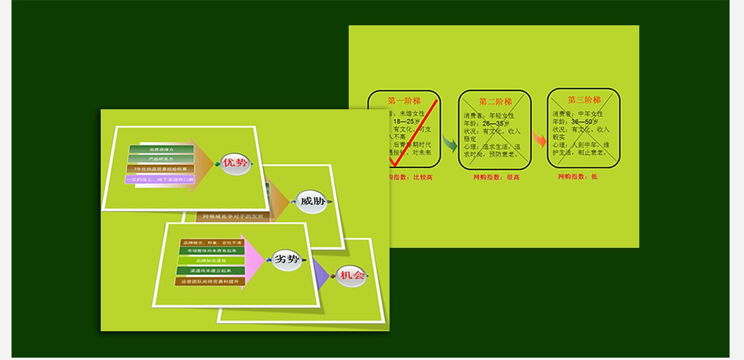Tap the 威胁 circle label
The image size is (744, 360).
312,202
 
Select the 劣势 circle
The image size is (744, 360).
287,259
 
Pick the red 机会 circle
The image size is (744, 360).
351,276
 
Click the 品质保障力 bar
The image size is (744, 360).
161,150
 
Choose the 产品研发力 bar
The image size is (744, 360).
161,159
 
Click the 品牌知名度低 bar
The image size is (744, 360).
211,261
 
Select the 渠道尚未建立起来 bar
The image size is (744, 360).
211,271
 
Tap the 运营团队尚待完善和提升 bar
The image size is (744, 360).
211,282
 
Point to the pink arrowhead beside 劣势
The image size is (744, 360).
253,261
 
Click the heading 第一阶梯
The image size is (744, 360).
404,101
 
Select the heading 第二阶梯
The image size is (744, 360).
495,102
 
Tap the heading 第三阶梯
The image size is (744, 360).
583,100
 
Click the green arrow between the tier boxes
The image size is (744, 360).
449,143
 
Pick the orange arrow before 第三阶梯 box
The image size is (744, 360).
539,139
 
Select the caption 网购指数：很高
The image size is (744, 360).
496,177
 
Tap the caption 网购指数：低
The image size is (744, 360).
578,177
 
